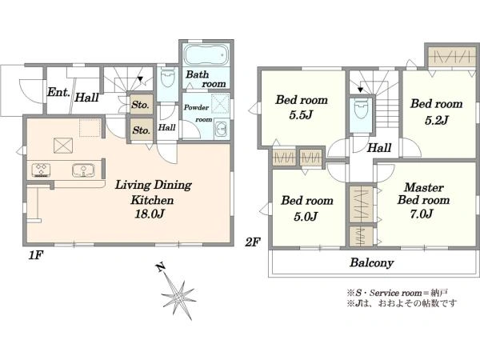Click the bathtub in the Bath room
click(206, 54)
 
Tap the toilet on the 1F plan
click(167, 78)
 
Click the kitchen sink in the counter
click(83, 170)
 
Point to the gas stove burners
click(41, 170)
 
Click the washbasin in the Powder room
click(221, 129)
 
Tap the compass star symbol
click(178, 295)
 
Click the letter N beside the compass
click(160, 267)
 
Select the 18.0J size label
click(150, 214)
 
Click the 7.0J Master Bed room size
click(422, 214)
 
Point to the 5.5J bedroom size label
click(301, 114)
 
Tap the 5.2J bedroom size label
click(436, 120)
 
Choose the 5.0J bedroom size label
click(306, 216)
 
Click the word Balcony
click(372, 262)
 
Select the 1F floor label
click(36, 255)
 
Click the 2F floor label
click(252, 242)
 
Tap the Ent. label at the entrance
click(58, 92)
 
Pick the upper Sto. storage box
click(140, 104)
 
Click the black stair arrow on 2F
click(360, 90)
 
